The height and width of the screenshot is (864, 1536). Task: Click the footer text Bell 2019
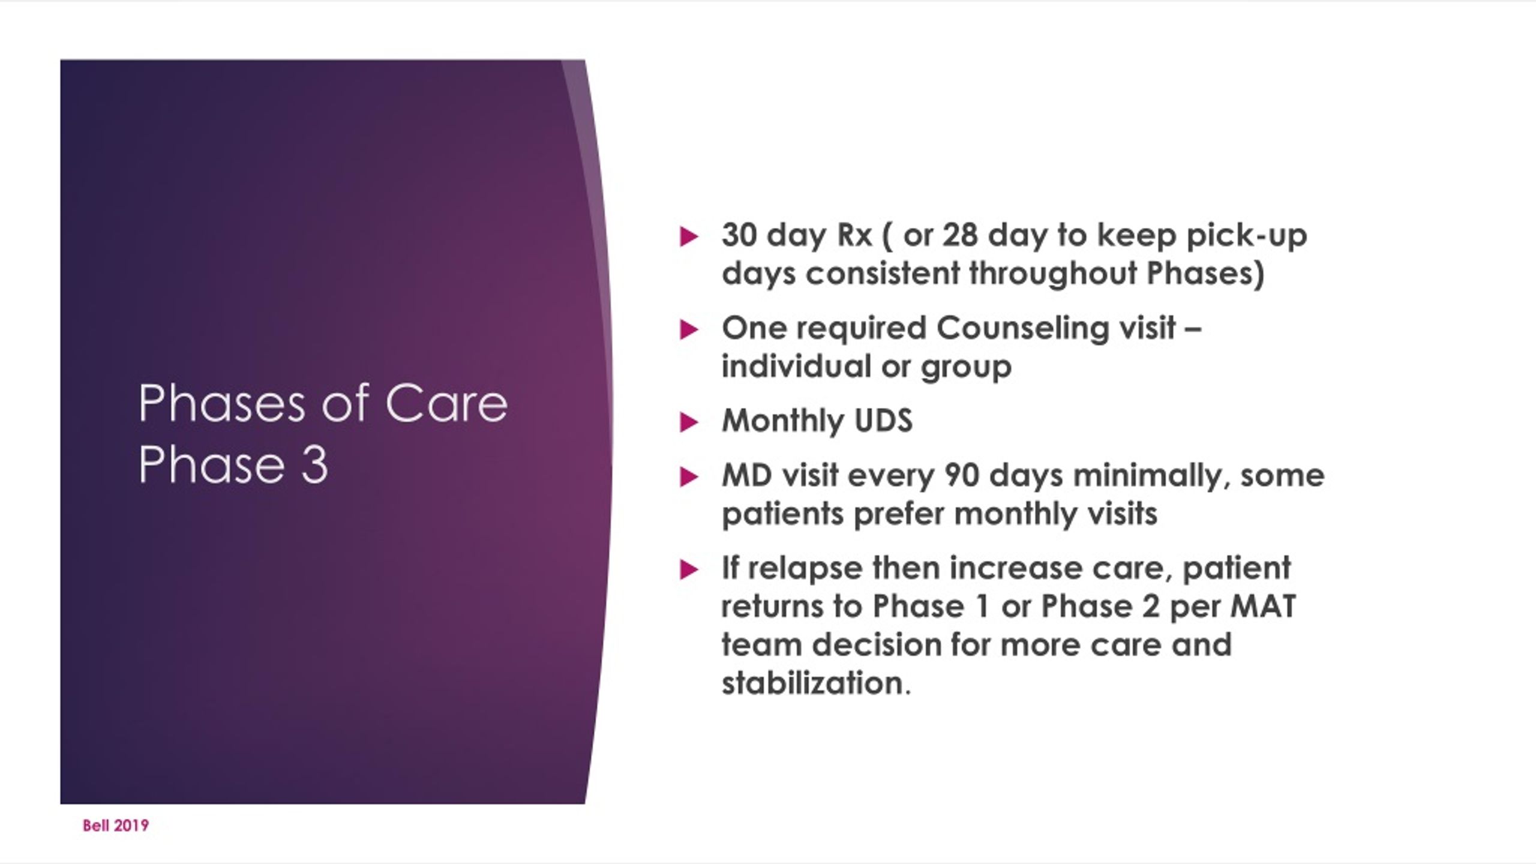click(116, 826)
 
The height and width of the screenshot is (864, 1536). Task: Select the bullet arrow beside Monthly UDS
click(689, 422)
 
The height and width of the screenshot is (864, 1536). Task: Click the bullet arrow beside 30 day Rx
click(689, 236)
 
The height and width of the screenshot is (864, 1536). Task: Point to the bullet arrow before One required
click(689, 329)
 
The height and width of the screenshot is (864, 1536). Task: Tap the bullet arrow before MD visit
click(689, 477)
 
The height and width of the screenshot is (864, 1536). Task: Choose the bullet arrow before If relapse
click(689, 569)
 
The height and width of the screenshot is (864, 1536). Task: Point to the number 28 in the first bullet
click(960, 235)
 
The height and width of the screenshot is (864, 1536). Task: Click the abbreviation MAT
click(1263, 606)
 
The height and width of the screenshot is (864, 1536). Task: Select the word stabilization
click(816, 683)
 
